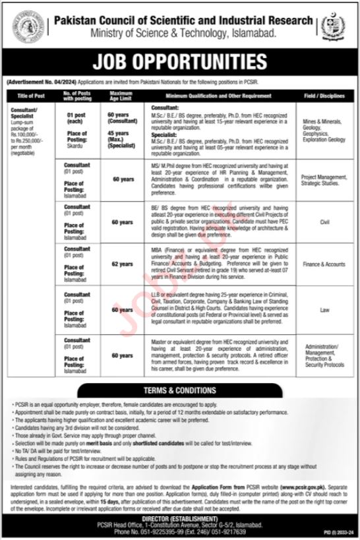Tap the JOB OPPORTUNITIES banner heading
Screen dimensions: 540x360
(x=179, y=62)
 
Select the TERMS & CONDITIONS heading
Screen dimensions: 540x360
(x=179, y=390)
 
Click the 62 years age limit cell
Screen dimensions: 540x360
(x=121, y=265)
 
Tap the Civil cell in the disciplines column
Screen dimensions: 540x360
(x=323, y=223)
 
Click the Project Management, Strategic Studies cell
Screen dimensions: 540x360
(x=323, y=181)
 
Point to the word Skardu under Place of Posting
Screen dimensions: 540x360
(x=77, y=149)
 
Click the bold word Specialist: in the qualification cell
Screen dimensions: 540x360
(x=165, y=131)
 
